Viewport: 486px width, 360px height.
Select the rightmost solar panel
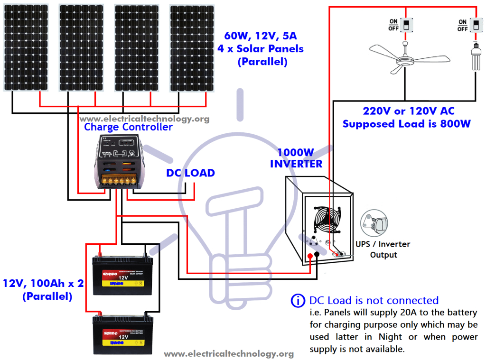(192, 47)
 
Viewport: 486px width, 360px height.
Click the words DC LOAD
(190, 173)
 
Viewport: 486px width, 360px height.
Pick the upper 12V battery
(123, 276)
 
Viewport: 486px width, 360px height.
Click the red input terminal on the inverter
(310, 256)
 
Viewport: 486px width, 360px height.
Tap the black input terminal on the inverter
(317, 256)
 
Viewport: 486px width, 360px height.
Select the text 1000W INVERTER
(296, 158)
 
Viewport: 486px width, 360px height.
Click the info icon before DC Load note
(298, 301)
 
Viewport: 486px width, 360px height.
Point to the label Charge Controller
(128, 127)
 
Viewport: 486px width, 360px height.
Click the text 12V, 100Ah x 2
(43, 284)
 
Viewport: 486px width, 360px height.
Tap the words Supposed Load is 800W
(406, 124)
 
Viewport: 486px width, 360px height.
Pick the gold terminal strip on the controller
(118, 180)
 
